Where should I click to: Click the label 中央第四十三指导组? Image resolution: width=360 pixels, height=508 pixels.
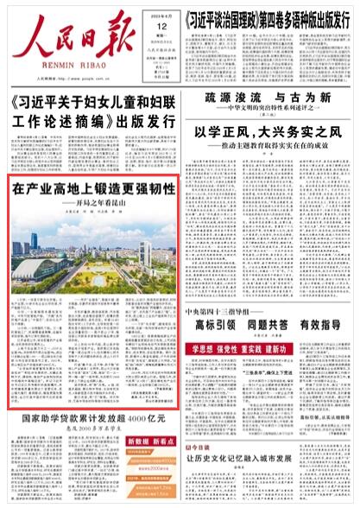tap(219, 310)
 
